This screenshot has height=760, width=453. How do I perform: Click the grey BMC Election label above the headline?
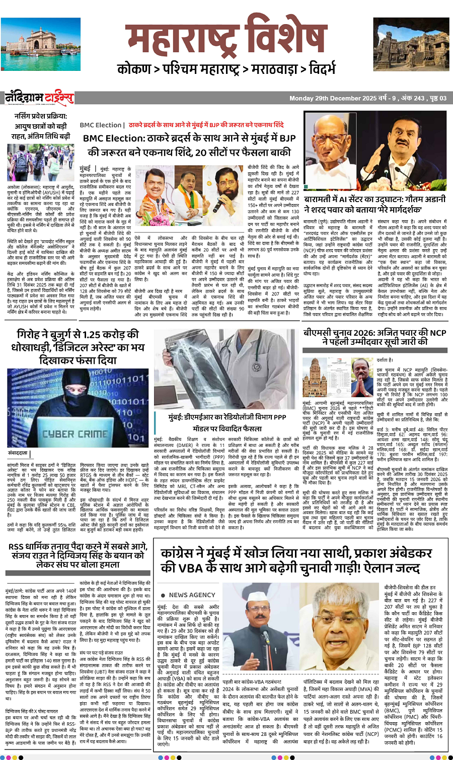coord(101,125)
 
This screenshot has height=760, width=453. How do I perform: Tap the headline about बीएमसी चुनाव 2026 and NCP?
coord(375,337)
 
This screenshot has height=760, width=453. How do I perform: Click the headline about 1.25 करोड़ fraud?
coord(78,347)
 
